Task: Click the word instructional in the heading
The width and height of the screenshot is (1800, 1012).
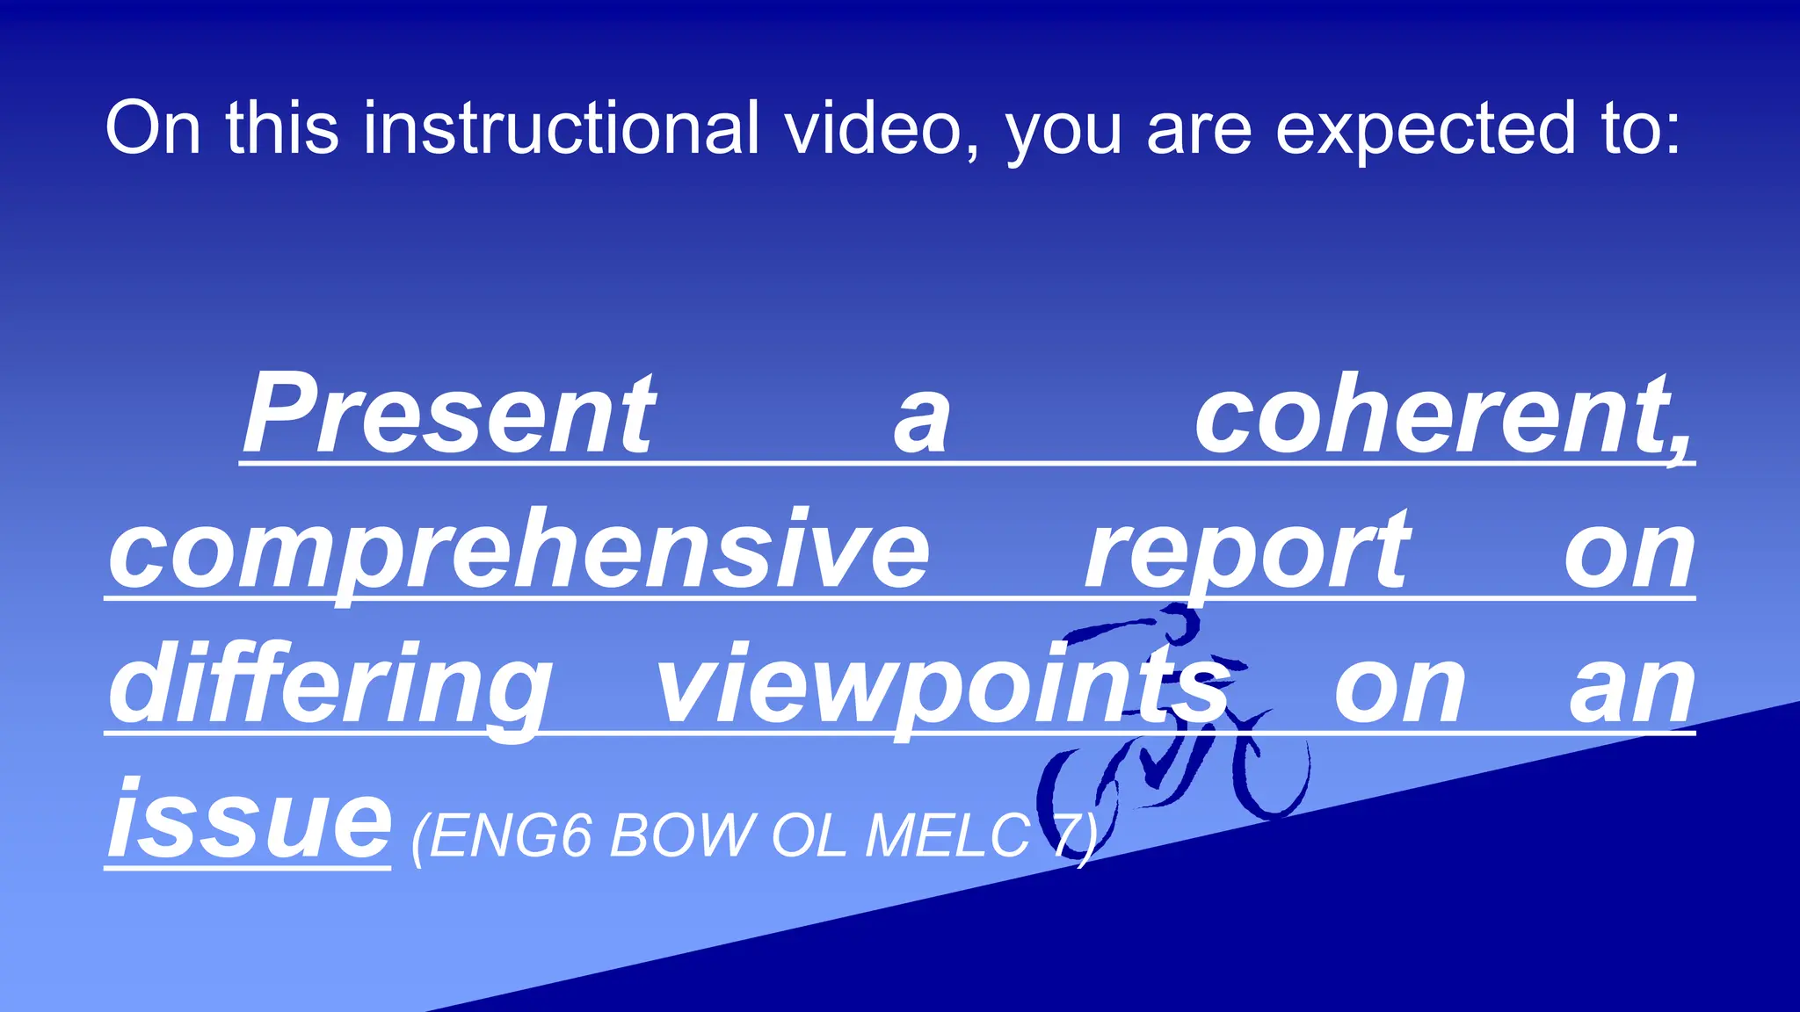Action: tap(561, 128)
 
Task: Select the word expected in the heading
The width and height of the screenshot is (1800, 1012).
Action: tap(1425, 128)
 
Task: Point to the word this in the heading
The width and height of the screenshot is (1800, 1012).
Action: tap(282, 128)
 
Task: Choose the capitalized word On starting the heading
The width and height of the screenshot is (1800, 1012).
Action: tap(153, 128)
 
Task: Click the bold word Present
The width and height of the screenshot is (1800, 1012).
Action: tap(449, 415)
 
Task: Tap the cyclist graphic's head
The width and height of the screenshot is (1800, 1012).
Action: tap(1182, 624)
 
